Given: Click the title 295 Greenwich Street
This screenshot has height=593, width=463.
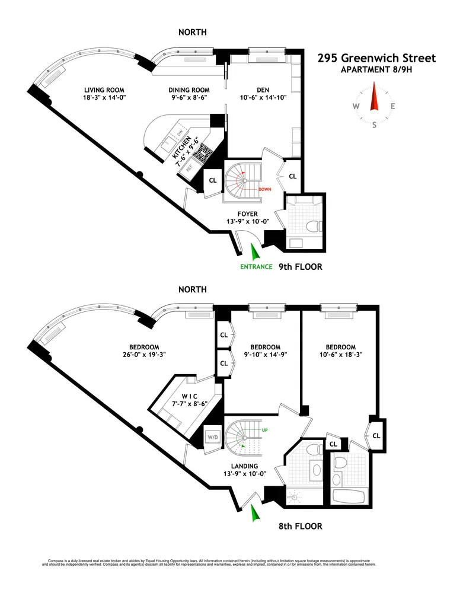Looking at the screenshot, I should [x=376, y=58].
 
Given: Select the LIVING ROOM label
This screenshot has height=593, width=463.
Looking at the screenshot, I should [x=104, y=91].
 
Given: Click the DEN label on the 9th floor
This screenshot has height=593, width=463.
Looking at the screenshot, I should [x=263, y=91].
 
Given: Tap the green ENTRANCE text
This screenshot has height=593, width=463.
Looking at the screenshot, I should [x=256, y=267].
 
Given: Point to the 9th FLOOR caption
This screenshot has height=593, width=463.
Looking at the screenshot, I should [x=301, y=267].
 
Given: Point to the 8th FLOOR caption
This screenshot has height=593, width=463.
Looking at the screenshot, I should [x=301, y=526].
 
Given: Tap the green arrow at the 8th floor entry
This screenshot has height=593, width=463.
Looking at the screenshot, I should [x=256, y=514].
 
